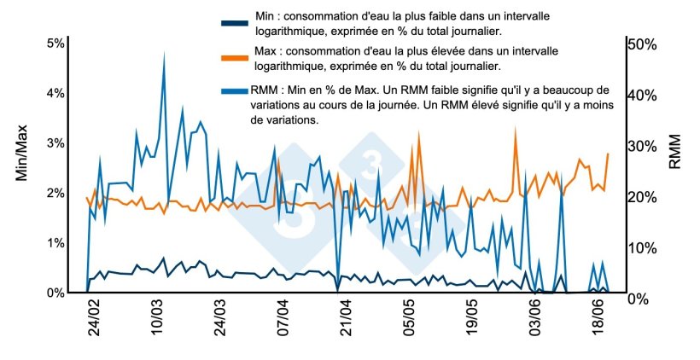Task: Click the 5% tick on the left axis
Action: pos(55,44)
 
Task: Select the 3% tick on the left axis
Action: pos(55,143)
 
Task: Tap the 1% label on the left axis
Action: pos(55,243)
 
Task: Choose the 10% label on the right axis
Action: pos(640,247)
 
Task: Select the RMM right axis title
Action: pos(674,151)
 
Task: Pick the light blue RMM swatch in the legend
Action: pos(233,90)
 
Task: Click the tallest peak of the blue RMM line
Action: pos(164,53)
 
